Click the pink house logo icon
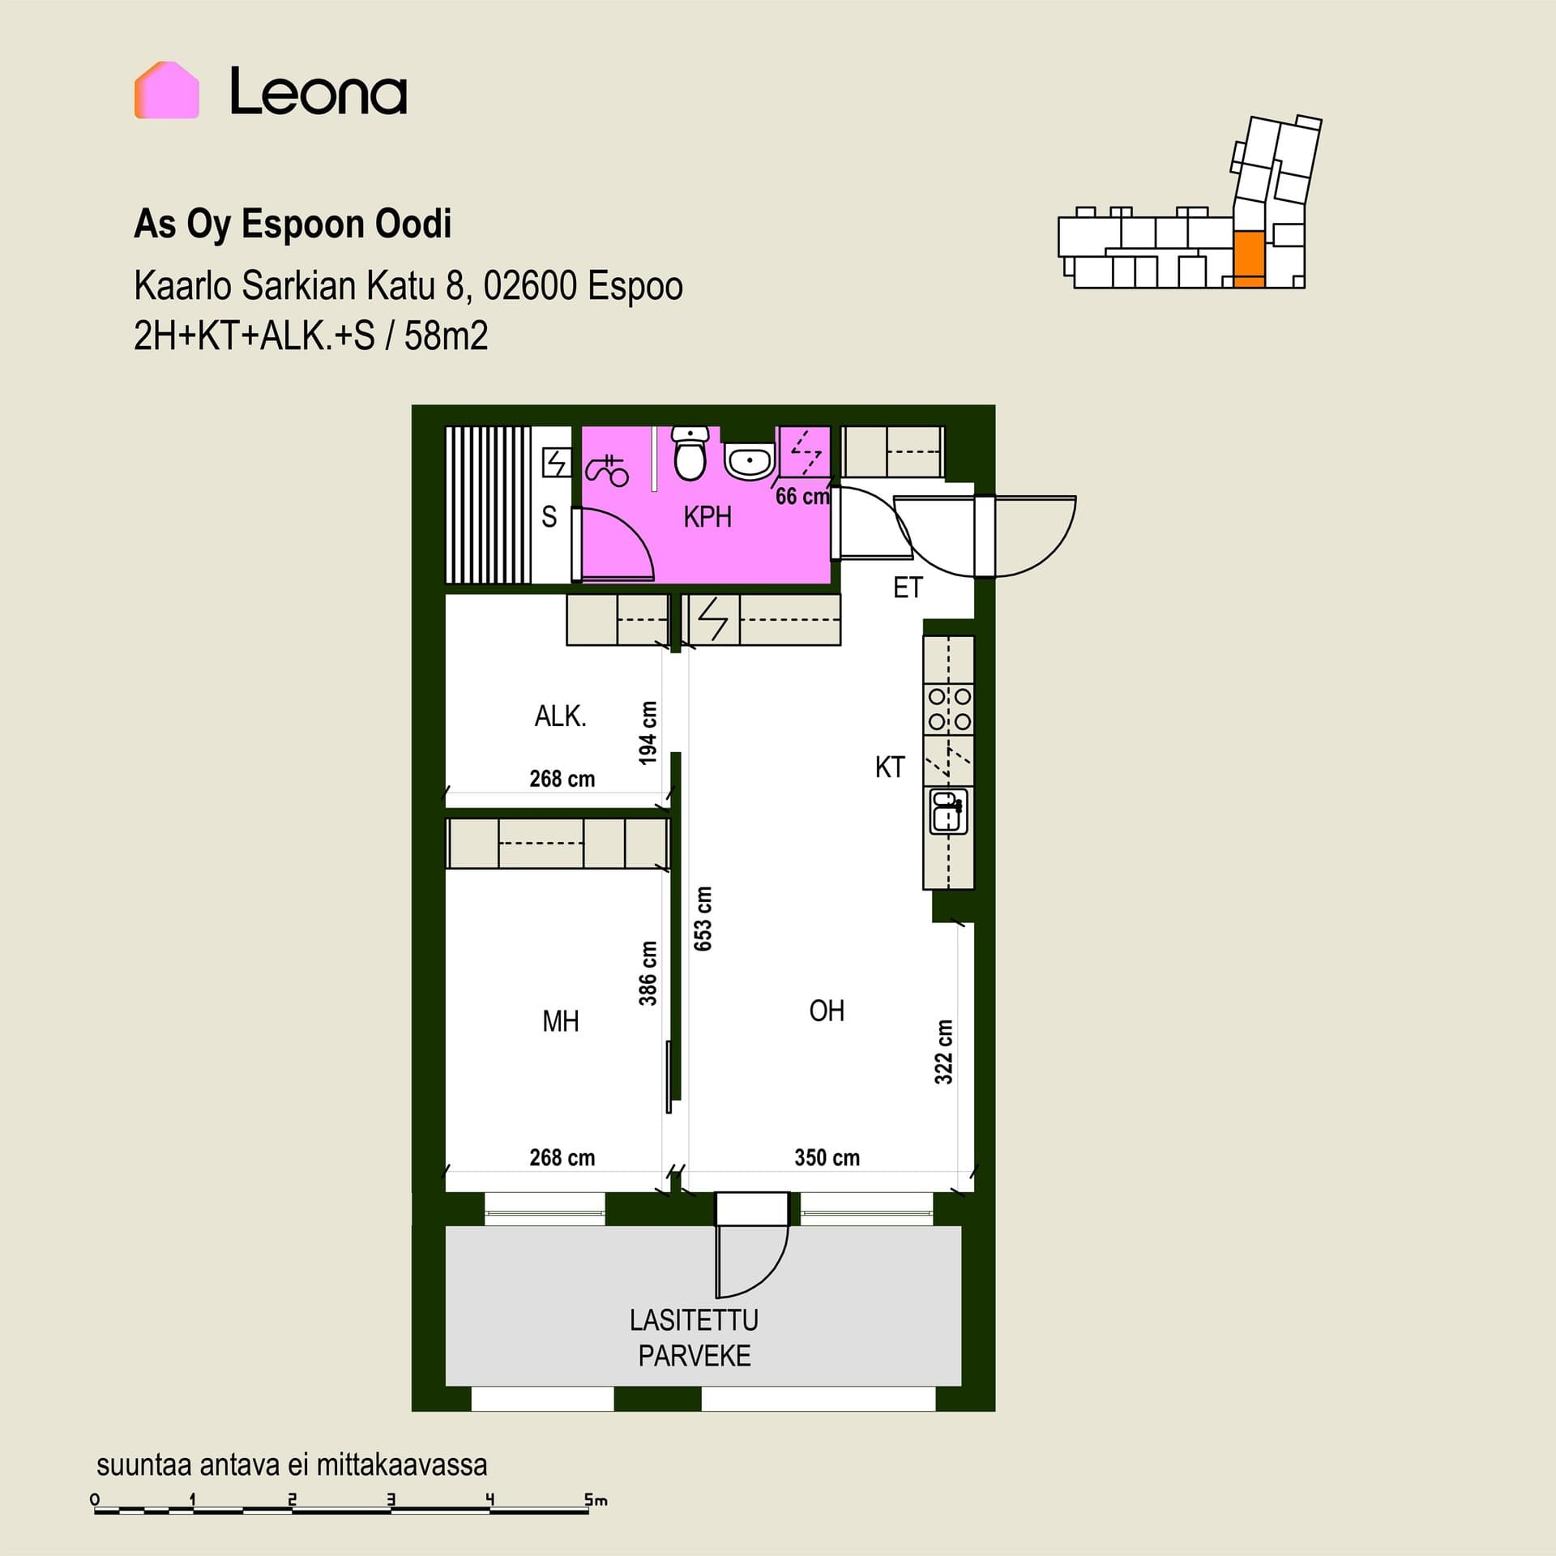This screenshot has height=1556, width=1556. point(166,90)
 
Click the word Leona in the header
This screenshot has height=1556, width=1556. point(318,91)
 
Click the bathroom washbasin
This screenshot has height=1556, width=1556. point(749,463)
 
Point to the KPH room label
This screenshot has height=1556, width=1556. point(707,517)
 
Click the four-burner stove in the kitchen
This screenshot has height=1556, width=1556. point(949,708)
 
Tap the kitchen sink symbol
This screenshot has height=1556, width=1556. point(948,812)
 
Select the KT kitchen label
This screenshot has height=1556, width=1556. point(889,767)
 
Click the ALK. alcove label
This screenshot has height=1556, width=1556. point(560,716)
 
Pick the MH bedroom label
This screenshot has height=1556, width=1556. point(561,1021)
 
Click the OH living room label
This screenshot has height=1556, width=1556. point(827,1011)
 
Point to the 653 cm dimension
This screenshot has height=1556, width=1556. point(703,918)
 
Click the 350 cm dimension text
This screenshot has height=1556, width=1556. point(827,1157)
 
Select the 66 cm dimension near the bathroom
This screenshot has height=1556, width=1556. point(802,496)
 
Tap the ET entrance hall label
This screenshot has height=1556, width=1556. point(908,588)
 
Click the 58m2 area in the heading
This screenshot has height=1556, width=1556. point(446,336)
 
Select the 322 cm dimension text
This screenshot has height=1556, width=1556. point(943,1052)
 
